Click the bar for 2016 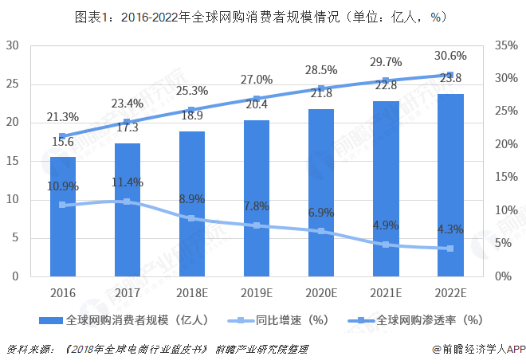point(63,216)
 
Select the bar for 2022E point(450,185)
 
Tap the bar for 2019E point(257,198)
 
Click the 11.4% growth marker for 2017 point(128,202)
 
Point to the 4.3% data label point(450,229)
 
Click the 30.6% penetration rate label point(450,56)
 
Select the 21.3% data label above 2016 point(63,118)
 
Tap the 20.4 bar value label point(257,103)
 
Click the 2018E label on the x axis point(192,292)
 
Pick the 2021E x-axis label point(386,292)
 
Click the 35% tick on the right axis point(507,45)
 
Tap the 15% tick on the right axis point(507,178)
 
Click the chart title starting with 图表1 point(261,16)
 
